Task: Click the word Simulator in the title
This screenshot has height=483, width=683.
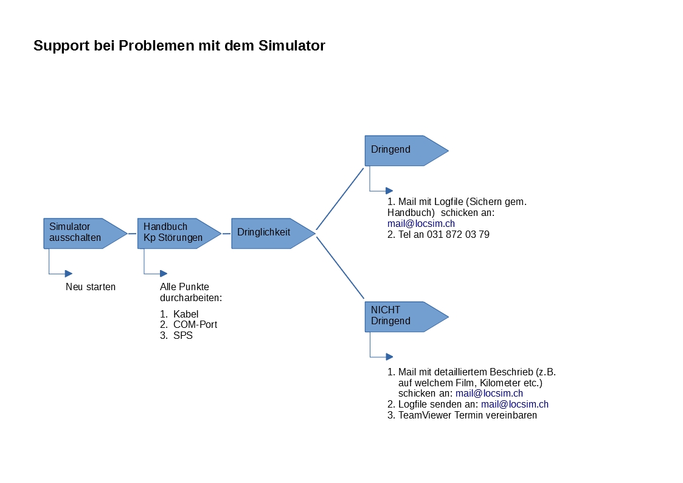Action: (291, 46)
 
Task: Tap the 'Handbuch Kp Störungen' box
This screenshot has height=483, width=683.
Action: (179, 234)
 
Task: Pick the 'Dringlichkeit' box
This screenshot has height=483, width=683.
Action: (273, 234)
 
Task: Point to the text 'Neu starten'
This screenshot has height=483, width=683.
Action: (91, 287)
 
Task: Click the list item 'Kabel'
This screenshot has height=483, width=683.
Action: (185, 314)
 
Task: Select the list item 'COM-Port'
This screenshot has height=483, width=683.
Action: (195, 324)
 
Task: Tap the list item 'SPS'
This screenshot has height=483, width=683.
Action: (183, 335)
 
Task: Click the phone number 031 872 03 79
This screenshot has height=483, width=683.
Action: (458, 234)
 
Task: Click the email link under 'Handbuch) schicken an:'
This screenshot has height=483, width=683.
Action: (421, 223)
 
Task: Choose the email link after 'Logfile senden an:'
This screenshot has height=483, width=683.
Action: (515, 404)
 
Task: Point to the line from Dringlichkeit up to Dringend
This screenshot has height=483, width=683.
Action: (340, 199)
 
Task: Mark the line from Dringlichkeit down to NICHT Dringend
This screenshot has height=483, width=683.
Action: (340, 268)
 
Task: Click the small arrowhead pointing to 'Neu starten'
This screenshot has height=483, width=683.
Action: (68, 274)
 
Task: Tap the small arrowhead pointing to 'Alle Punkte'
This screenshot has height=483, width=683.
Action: (164, 274)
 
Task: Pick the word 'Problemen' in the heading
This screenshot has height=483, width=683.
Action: (157, 46)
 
